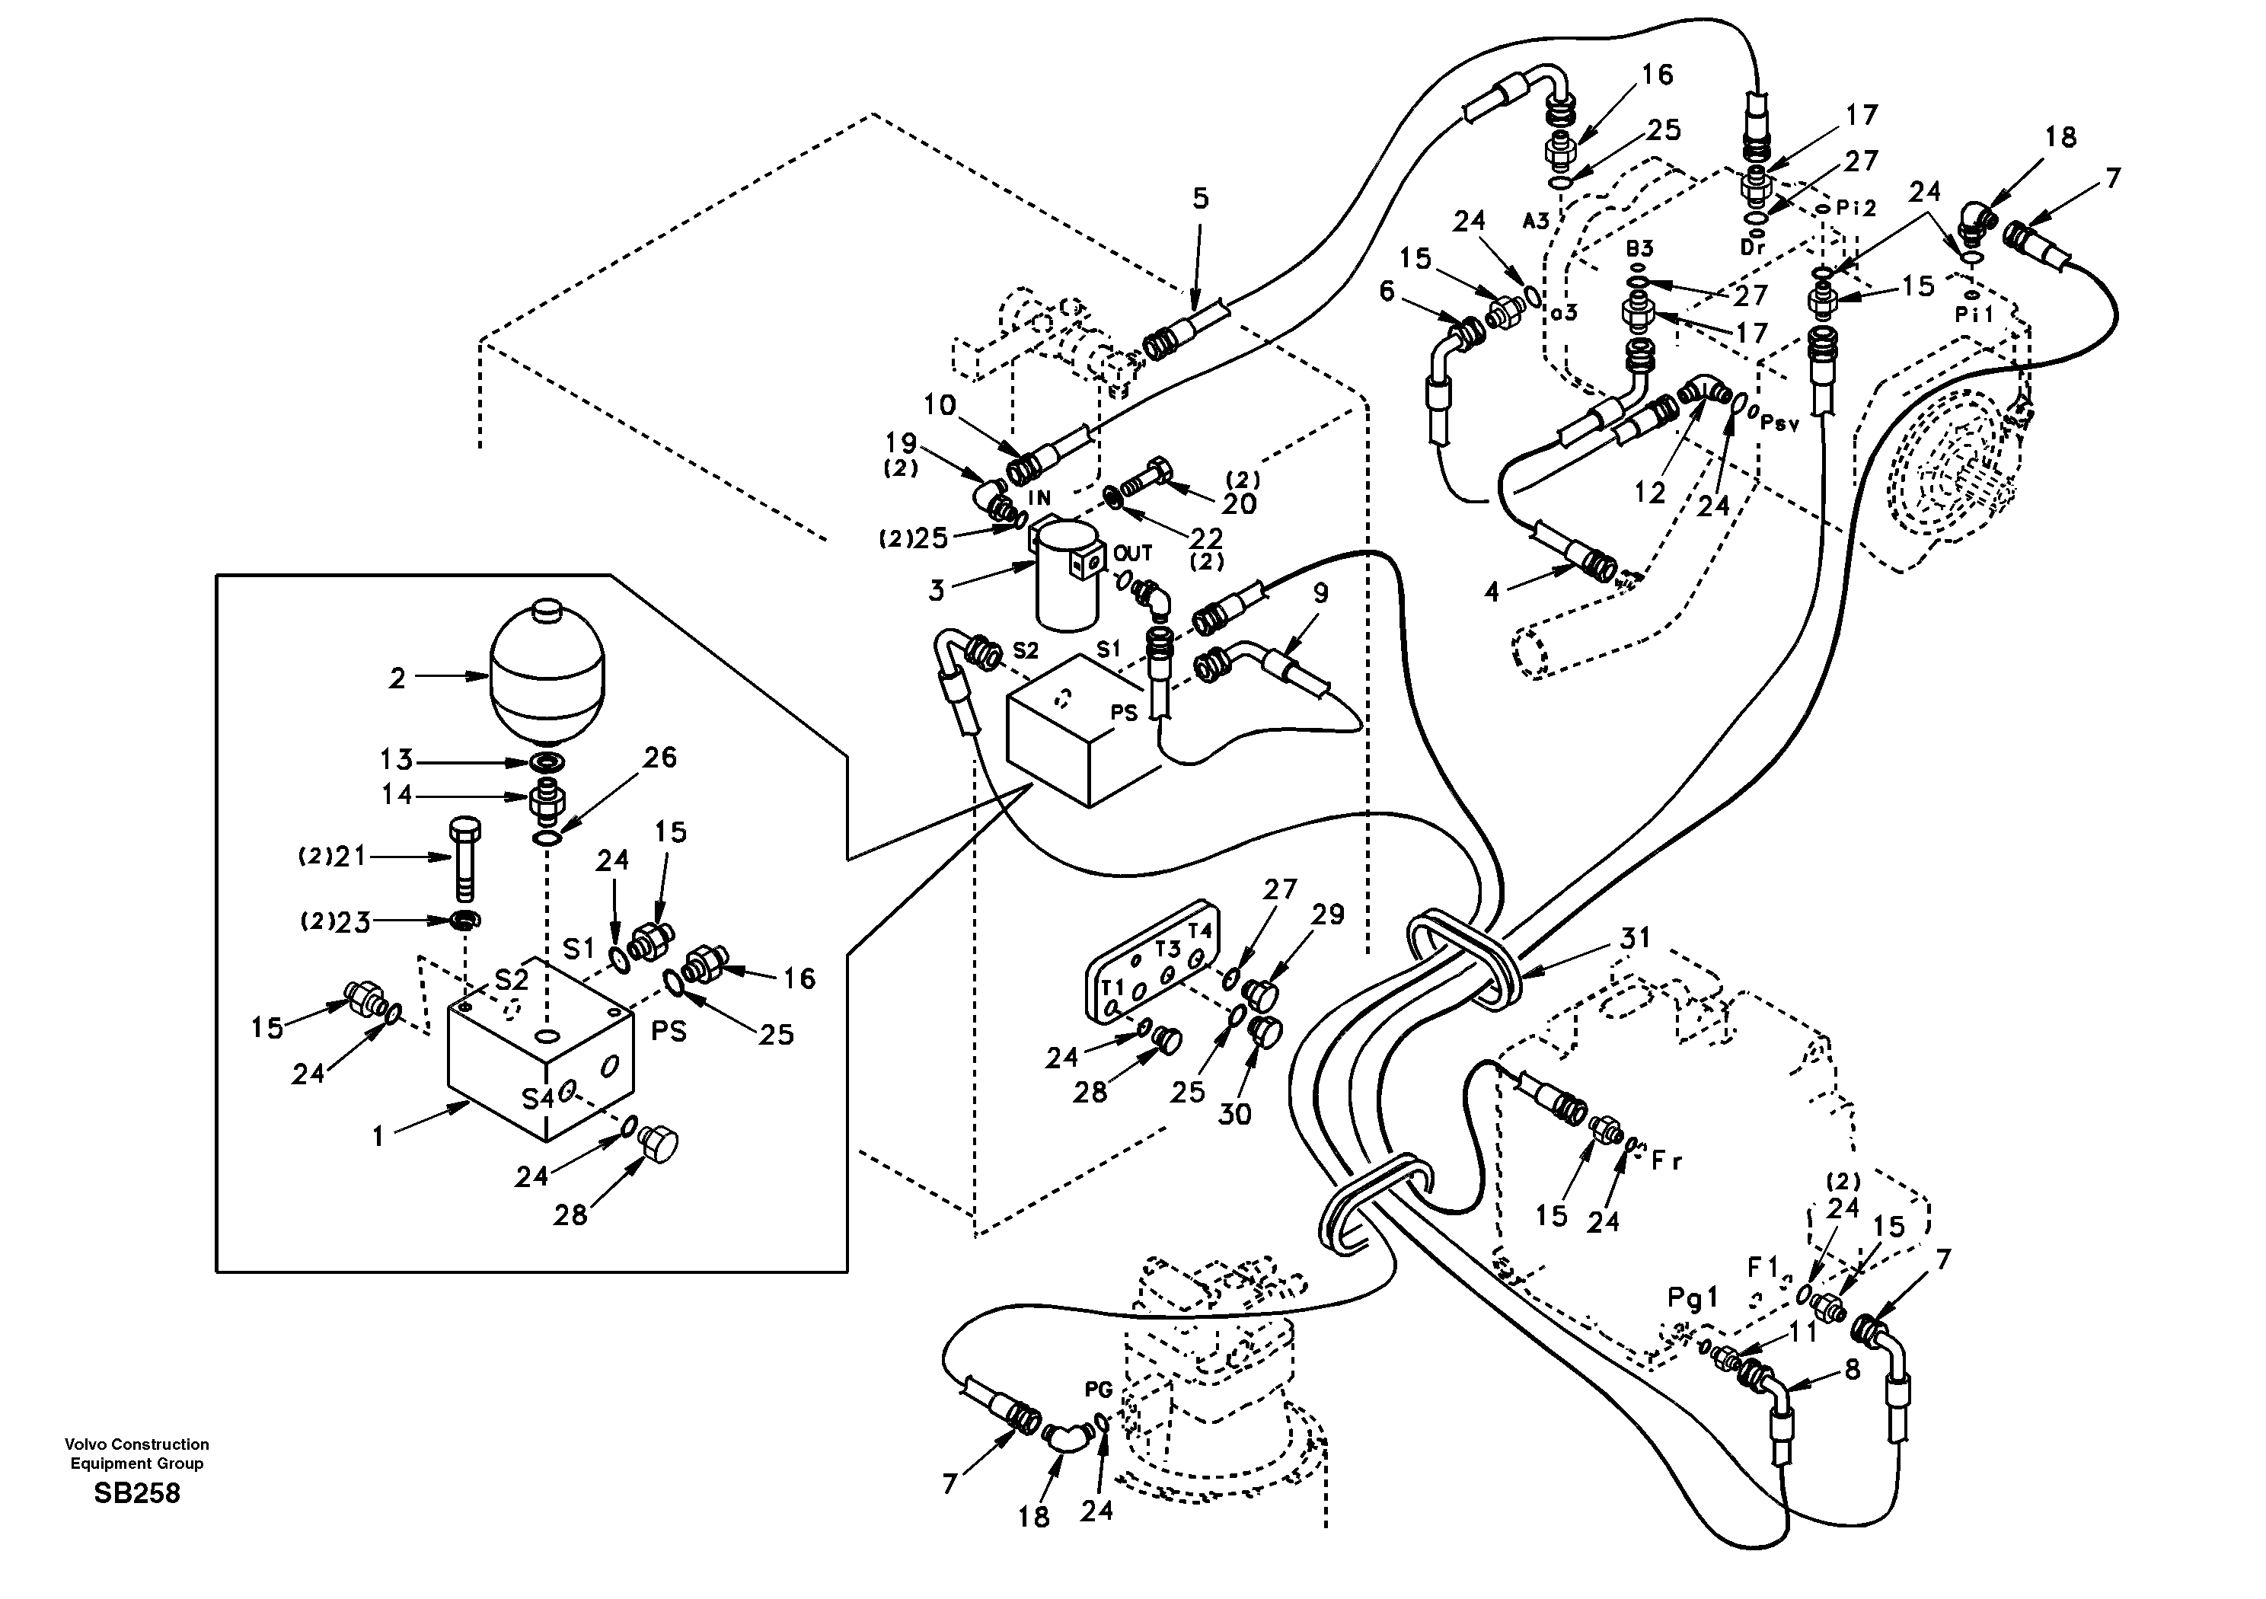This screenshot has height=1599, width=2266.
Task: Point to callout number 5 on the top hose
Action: click(1200, 199)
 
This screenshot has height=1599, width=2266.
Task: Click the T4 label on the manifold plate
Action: click(1199, 930)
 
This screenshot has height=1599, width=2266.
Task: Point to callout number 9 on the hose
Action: click(1320, 593)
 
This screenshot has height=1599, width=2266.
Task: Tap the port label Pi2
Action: click(1856, 209)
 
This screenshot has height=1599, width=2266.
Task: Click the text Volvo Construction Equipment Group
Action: click(137, 1453)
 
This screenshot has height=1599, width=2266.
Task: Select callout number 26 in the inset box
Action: click(660, 757)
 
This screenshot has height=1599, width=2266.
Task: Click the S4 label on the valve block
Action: click(537, 1099)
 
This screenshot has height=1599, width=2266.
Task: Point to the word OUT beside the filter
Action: click(1133, 554)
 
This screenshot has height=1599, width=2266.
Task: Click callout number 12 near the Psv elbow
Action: click(1649, 492)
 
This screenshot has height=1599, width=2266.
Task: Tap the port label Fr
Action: click(1666, 1162)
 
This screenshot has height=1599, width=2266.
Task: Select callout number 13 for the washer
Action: click(397, 760)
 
